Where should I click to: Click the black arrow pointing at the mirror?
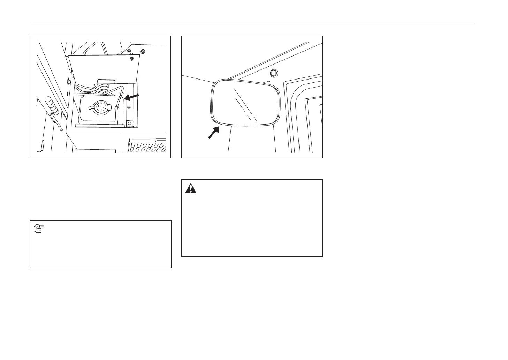[x=213, y=133]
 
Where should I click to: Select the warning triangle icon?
[x=191, y=188]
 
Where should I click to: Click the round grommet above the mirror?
[x=273, y=73]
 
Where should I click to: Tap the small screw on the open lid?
[x=131, y=59]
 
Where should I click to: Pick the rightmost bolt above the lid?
[x=142, y=52]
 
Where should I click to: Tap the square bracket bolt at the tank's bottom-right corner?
[x=129, y=123]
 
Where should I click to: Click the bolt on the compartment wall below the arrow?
[x=129, y=107]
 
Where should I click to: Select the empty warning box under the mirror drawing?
[x=252, y=223]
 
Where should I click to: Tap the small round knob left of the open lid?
[x=67, y=80]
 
